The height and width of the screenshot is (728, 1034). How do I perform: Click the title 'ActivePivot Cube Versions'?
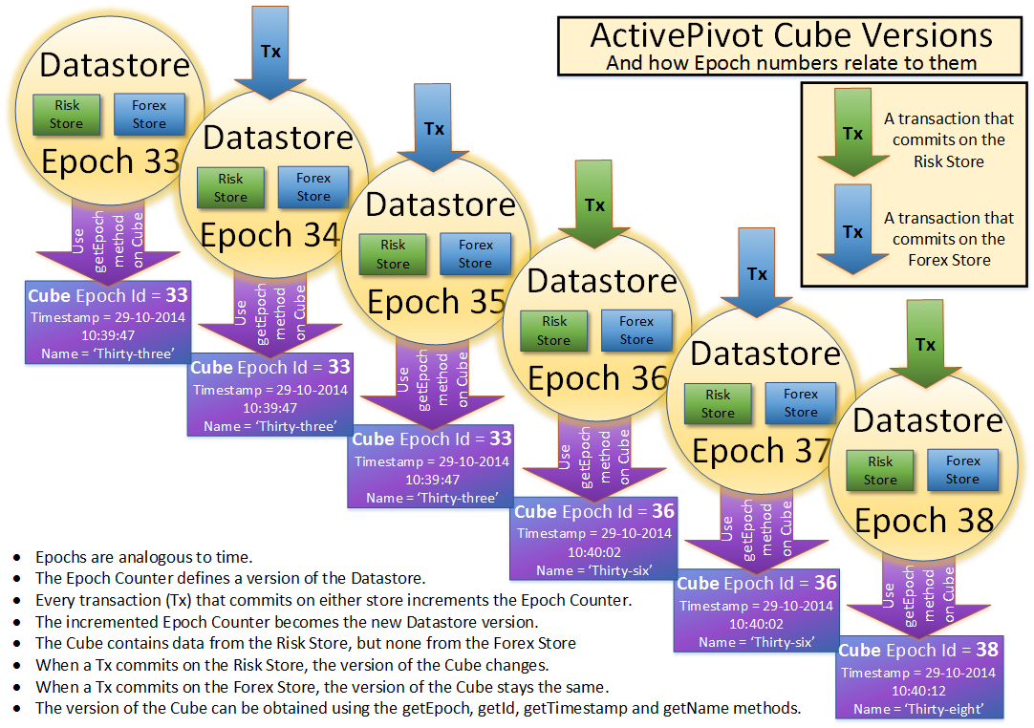(791, 35)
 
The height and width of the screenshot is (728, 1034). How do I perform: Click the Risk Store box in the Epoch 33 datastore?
(67, 114)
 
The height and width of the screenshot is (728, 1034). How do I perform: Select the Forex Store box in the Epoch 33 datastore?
(149, 114)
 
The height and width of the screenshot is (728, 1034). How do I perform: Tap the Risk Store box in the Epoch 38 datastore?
(880, 470)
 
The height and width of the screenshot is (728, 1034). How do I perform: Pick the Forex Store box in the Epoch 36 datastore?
(636, 330)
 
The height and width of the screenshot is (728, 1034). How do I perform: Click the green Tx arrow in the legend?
(853, 134)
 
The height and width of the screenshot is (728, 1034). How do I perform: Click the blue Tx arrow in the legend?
(853, 232)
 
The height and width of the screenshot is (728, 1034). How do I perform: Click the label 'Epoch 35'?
(436, 302)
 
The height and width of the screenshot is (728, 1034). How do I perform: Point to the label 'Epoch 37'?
(761, 450)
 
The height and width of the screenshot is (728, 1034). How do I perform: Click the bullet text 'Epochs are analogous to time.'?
(144, 556)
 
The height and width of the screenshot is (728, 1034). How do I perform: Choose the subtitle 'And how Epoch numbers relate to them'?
(791, 63)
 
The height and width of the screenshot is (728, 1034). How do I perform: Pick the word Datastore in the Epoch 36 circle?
(602, 281)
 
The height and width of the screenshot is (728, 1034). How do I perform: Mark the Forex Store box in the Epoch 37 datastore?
(801, 403)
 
